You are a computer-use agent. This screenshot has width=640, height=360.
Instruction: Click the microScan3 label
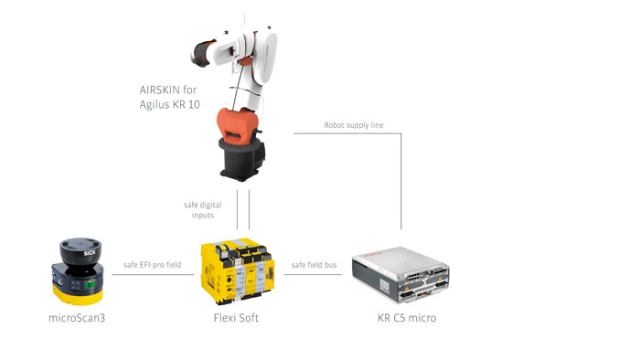click(77, 318)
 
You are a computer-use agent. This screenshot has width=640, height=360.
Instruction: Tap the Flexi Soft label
click(236, 318)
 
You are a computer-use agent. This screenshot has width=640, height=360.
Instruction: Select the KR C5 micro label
click(407, 318)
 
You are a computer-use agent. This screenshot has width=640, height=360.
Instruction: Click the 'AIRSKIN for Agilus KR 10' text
click(169, 97)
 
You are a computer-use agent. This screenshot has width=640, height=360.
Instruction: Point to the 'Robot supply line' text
click(354, 125)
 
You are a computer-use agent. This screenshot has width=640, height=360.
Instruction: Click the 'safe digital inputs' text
click(202, 209)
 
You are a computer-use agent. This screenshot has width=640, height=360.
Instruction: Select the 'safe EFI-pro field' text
click(153, 265)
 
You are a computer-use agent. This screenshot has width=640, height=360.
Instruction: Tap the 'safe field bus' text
click(314, 265)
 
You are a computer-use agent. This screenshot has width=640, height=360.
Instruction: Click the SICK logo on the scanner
click(90, 253)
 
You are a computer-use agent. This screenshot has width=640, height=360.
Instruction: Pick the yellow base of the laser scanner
click(78, 295)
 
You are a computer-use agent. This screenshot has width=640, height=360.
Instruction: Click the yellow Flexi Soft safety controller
click(238, 271)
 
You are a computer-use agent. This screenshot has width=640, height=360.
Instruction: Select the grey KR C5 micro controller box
click(400, 274)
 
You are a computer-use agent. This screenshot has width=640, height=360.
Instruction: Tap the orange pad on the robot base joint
click(238, 125)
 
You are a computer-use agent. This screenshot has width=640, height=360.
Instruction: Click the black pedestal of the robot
click(242, 159)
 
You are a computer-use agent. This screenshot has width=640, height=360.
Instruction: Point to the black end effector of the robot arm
click(202, 53)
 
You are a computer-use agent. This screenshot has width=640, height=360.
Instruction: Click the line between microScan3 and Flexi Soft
click(153, 274)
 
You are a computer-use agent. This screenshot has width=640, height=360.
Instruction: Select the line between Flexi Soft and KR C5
click(313, 274)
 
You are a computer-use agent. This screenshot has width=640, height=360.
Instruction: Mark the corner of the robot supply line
click(400, 133)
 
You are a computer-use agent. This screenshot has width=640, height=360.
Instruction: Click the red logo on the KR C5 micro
click(372, 254)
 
